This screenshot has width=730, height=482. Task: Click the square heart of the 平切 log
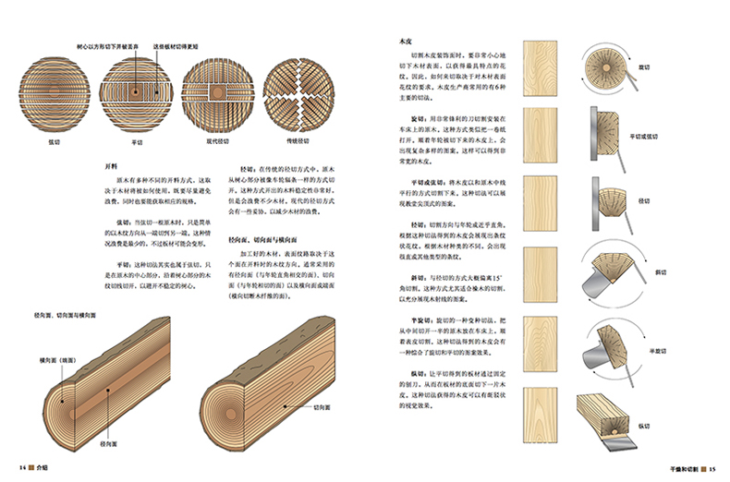(x=136, y=92)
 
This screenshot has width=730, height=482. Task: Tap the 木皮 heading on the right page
(x=403, y=42)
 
